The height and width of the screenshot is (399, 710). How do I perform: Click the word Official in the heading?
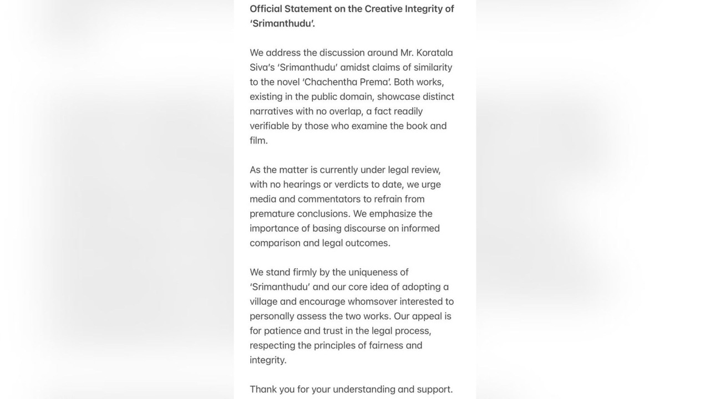[x=266, y=9]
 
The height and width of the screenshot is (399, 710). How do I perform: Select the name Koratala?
[x=427, y=53]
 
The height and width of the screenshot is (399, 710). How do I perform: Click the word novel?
[x=287, y=82]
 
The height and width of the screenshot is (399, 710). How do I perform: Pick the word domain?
[x=356, y=96]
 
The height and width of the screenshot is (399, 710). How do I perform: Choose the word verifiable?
[x=269, y=126]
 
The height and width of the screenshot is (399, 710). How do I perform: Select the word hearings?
[x=302, y=185]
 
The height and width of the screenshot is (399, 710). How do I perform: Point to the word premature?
[x=271, y=214]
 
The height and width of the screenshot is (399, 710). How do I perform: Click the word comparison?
[x=275, y=243]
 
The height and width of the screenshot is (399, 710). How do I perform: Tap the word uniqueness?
[x=374, y=272]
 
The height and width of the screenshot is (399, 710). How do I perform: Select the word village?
[x=263, y=301]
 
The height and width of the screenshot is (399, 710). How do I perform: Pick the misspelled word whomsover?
[x=372, y=301]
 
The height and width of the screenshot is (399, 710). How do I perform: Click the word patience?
[x=282, y=331]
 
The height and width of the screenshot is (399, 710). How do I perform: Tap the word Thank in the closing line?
[x=263, y=390]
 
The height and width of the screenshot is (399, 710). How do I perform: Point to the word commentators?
[x=329, y=199]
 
